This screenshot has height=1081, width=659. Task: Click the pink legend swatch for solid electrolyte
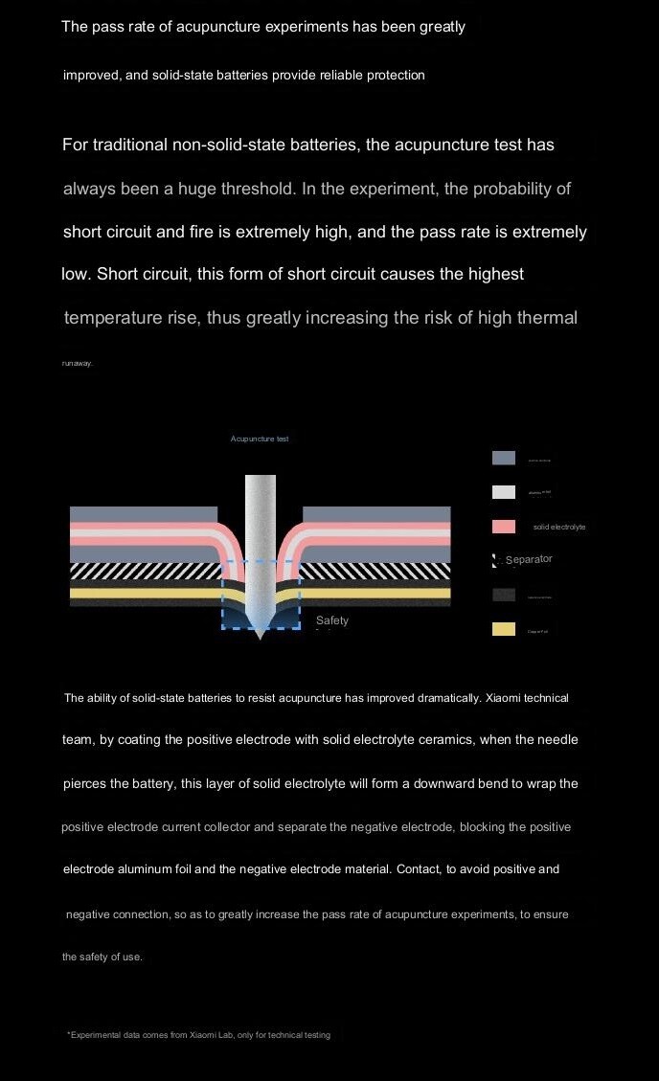point(503,527)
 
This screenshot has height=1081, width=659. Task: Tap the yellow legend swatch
point(503,629)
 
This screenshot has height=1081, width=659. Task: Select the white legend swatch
point(503,492)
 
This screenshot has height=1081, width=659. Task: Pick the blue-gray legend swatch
point(503,458)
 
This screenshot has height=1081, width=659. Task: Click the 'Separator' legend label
point(529,559)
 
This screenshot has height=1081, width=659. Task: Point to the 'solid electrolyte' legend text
point(559,528)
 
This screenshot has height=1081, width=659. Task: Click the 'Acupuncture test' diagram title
point(260,439)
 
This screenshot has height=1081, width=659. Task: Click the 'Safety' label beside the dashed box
point(332,620)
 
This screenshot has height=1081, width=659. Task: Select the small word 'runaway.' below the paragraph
point(78,363)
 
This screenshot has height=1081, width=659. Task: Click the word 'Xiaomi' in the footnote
point(204,1035)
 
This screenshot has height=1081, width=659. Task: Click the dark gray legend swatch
point(503,595)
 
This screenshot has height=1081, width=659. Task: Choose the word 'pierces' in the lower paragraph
point(85,783)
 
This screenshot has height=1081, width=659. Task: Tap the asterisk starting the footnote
point(69,1034)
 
